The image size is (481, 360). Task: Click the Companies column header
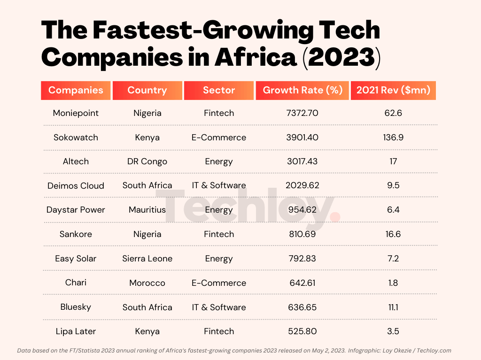76,90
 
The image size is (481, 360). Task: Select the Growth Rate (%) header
303,90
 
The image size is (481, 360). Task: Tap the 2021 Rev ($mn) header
393,90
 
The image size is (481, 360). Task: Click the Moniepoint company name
76,113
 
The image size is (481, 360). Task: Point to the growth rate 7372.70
303,113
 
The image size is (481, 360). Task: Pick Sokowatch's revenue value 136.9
393,138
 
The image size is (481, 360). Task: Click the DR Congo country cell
147,161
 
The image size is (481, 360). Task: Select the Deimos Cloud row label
76,185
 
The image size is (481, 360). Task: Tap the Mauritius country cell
147,210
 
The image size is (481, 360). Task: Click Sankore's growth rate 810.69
303,234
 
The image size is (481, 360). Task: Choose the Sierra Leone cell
147,259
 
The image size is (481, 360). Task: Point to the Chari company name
76,283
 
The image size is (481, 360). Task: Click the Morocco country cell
147,283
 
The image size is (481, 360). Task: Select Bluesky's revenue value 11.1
393,307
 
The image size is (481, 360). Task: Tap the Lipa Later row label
76,331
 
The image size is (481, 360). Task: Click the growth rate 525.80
303,331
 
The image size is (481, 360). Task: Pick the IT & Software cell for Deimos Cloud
219,185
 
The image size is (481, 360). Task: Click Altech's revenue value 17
393,161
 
